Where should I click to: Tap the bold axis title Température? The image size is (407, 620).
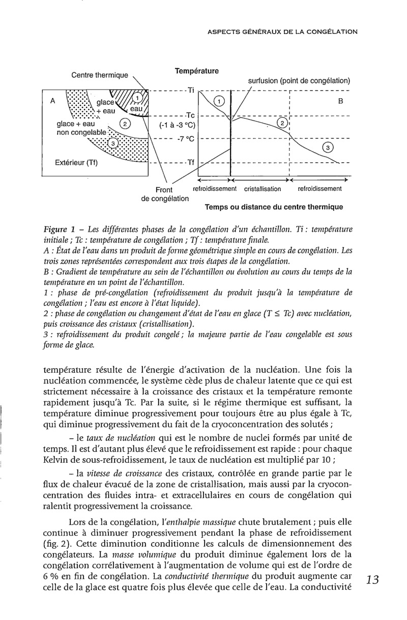coord(196,72)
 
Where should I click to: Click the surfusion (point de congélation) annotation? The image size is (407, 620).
coord(299,80)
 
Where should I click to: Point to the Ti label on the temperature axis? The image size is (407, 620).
coord(191,91)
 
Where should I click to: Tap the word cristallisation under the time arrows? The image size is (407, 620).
coord(263,189)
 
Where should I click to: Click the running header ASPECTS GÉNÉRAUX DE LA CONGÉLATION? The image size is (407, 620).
coord(283,32)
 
